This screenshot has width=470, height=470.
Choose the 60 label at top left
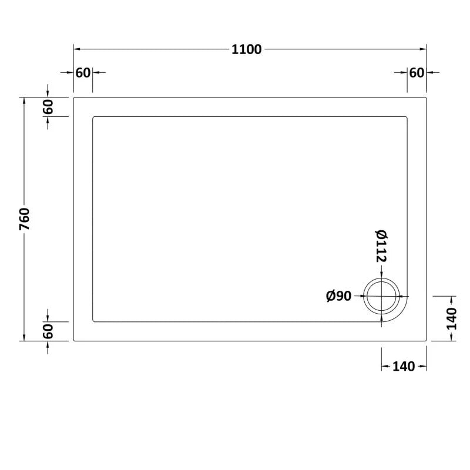click(83, 72)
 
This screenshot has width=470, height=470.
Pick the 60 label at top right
click(417, 72)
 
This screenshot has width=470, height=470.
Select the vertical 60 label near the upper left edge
click(48, 107)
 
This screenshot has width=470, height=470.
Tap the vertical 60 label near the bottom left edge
click(48, 331)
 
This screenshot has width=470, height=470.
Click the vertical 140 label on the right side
click(451, 318)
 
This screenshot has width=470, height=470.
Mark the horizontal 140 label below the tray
click(404, 367)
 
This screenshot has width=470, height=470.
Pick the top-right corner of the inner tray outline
click(406, 117)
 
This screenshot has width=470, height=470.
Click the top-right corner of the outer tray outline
click(425, 98)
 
